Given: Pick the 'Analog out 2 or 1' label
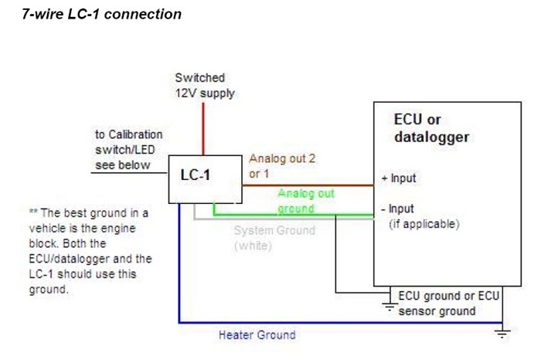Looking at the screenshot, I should [281, 165].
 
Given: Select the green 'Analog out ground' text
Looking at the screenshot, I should [306, 200].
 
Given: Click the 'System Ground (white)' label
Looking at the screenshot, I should [274, 238].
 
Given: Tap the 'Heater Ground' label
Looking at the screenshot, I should [257, 335].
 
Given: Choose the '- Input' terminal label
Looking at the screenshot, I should [398, 209].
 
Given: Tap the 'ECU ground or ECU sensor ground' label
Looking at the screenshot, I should [448, 303].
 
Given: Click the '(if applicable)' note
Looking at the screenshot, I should [424, 225].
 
